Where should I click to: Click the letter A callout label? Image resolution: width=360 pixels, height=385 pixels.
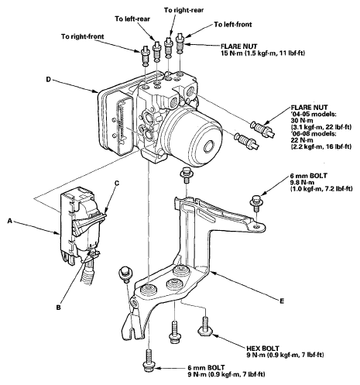(x=10, y=221)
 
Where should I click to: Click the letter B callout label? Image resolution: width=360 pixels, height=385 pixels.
(x=59, y=308)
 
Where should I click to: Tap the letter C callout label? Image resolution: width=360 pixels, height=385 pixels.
(x=117, y=183)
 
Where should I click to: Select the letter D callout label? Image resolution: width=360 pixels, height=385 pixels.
(x=48, y=79)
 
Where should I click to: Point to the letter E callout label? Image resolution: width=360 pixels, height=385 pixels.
(x=282, y=301)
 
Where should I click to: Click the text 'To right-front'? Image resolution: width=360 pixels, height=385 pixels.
(x=83, y=36)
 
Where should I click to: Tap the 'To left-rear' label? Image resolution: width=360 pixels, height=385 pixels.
(x=132, y=19)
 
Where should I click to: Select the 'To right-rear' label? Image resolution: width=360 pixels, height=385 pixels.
(x=183, y=10)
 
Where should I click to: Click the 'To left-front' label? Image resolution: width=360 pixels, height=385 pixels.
(x=233, y=24)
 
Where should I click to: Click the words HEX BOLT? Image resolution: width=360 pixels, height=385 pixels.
(x=262, y=349)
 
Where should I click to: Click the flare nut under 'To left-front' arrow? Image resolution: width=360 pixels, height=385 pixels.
(x=181, y=42)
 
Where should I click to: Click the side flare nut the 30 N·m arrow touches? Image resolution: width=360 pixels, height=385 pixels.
(x=262, y=129)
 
